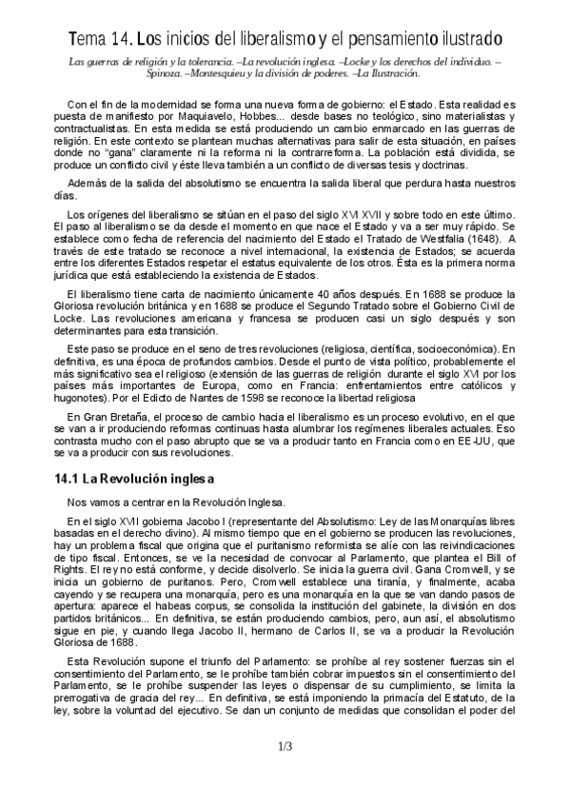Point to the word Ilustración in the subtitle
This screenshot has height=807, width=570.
391,73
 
